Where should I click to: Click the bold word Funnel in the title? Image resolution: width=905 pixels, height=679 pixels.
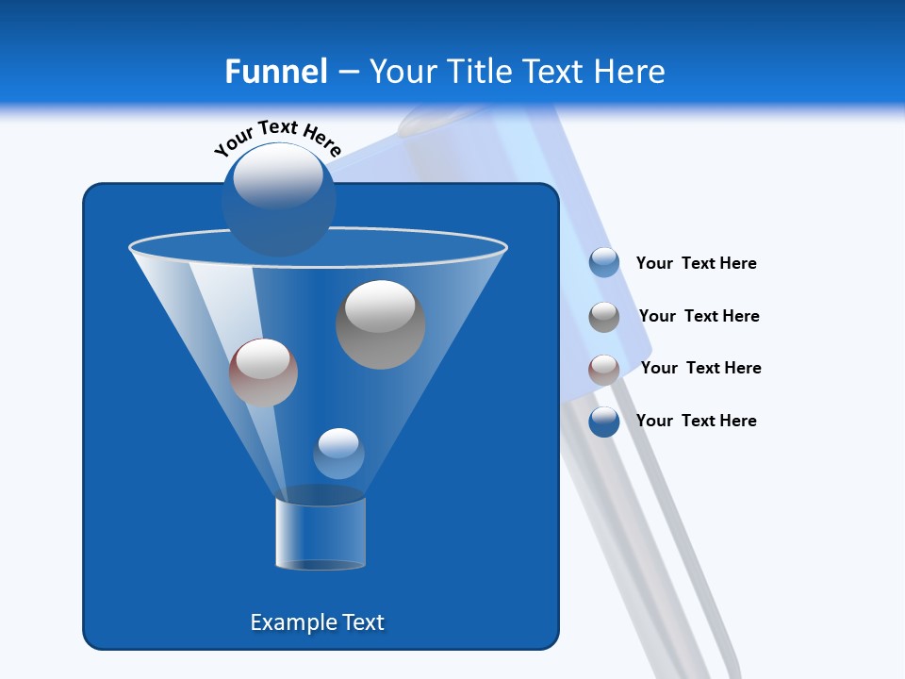pos(275,72)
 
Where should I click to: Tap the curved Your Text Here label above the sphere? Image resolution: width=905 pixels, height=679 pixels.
pos(277,137)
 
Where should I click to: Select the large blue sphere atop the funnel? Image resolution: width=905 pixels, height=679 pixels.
pos(278,201)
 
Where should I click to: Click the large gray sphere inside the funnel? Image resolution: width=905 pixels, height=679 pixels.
pos(380,326)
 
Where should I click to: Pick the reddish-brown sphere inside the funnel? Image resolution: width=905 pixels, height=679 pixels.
pos(263,373)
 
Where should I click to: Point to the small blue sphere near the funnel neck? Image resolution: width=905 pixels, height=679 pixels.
pos(338,454)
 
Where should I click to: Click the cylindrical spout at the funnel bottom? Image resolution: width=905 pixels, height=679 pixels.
pos(320,534)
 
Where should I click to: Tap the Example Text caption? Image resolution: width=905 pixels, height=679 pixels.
pos(317,622)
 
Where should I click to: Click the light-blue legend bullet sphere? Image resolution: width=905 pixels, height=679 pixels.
pos(604,263)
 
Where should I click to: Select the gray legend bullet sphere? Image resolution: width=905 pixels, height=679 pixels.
pos(604,317)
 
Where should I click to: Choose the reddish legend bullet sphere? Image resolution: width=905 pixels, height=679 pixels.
pos(604,370)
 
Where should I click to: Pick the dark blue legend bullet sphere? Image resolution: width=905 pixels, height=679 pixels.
pos(604,422)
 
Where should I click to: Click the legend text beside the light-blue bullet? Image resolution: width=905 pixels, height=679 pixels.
pos(696,264)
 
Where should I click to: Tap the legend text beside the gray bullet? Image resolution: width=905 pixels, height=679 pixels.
pos(699,317)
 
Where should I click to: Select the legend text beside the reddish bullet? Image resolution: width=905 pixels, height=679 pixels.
pos(700,369)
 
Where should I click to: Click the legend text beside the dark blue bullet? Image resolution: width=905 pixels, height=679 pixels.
pos(696,421)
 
